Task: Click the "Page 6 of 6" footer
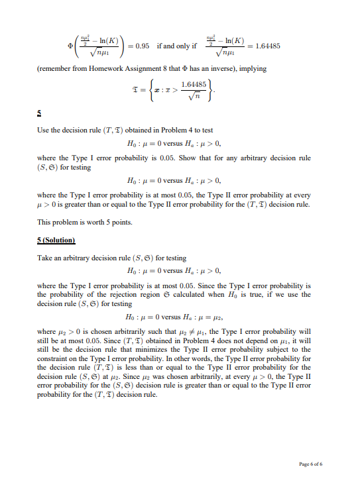coord(311,464)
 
